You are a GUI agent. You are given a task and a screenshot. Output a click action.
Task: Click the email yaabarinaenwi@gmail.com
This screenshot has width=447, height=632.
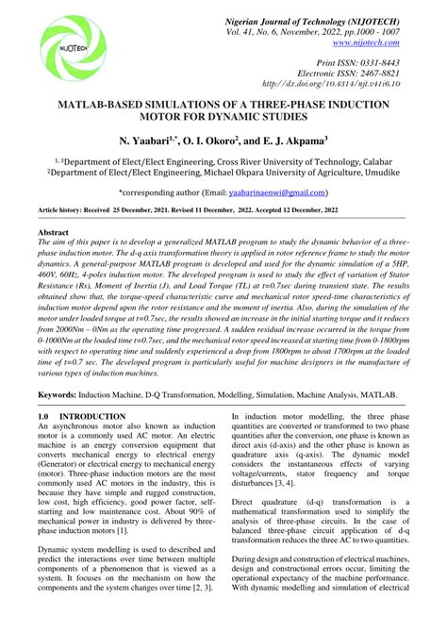tap(279, 192)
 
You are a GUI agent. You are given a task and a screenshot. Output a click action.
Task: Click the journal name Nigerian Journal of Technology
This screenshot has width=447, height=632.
tap(306, 19)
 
